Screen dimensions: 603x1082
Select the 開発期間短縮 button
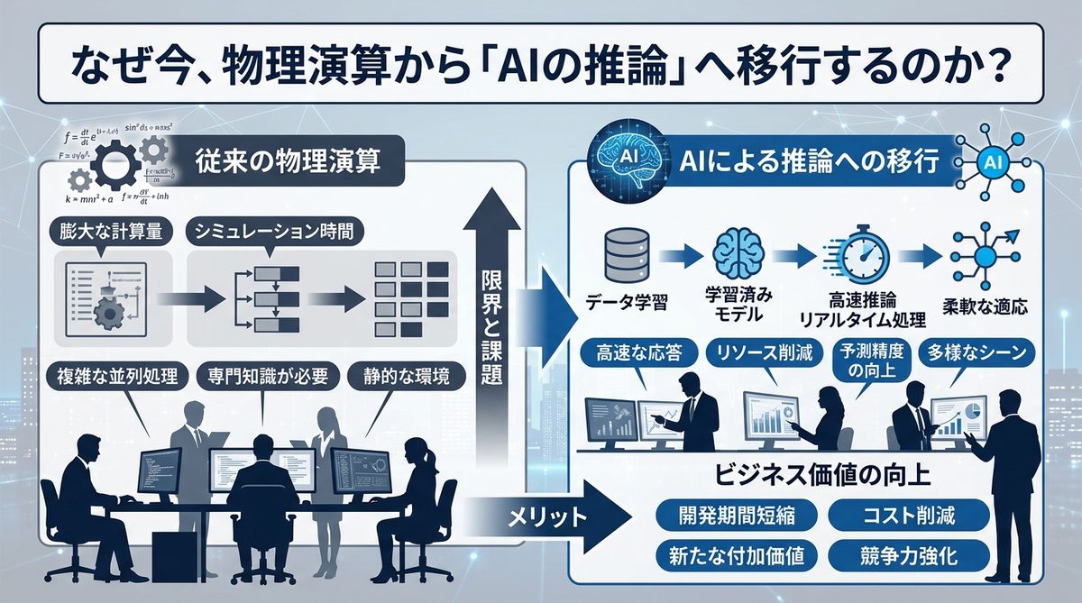tap(736, 516)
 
